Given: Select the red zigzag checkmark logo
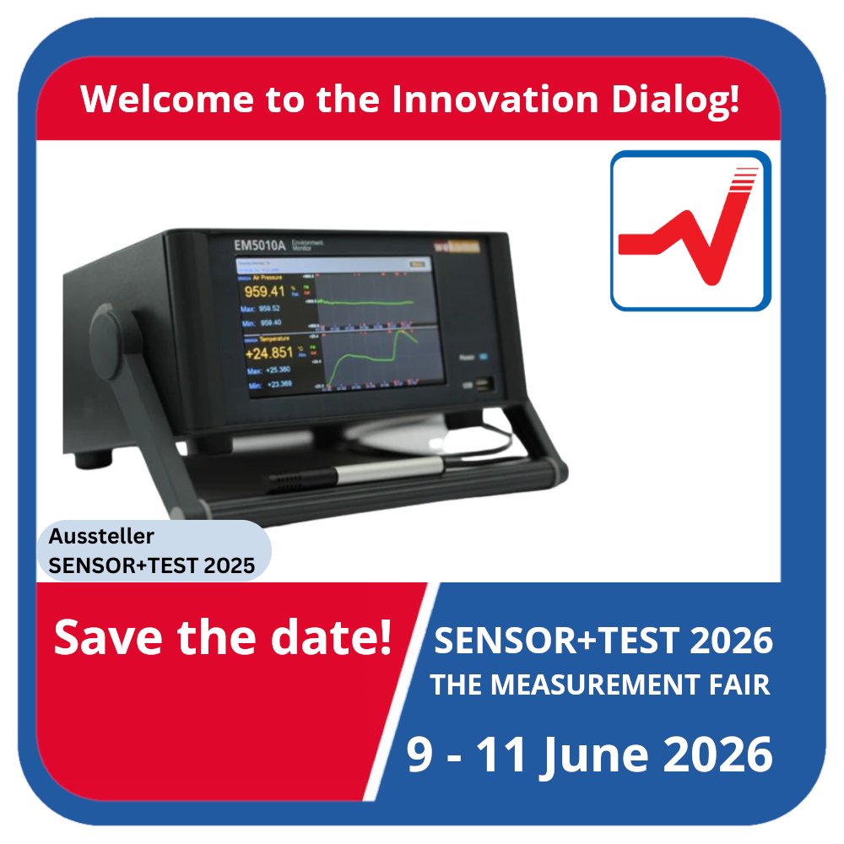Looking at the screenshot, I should [x=690, y=230].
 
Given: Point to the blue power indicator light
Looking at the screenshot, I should [x=482, y=357].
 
